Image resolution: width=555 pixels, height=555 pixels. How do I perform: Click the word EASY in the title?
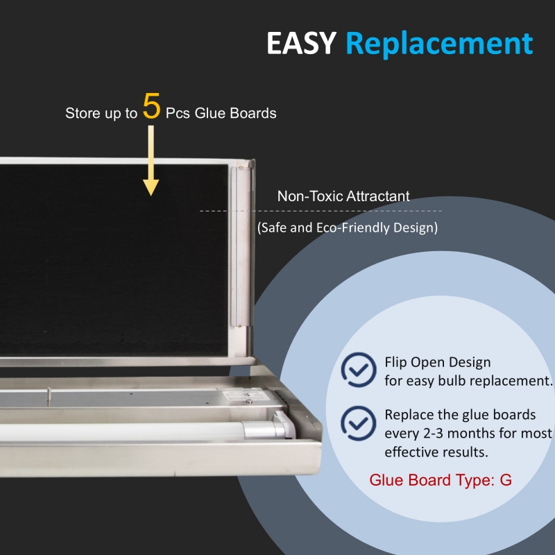click(x=301, y=43)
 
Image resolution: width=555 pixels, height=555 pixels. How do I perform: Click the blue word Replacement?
click(x=439, y=44)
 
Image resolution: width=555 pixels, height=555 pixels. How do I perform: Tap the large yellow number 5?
click(x=151, y=106)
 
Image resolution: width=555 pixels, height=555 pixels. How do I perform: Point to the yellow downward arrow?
click(x=151, y=160)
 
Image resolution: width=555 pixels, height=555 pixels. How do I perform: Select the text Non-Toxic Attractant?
click(x=343, y=196)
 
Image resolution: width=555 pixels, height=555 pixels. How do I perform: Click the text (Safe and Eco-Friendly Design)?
click(x=348, y=228)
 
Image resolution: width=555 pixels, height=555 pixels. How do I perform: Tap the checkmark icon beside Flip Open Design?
click(x=359, y=370)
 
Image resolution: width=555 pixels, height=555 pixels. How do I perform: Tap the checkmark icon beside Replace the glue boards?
click(x=359, y=423)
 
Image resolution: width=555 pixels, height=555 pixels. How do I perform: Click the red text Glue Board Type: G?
click(x=441, y=480)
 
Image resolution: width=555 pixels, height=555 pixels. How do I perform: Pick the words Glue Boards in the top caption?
click(x=235, y=113)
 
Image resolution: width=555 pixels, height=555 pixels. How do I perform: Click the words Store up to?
click(x=101, y=113)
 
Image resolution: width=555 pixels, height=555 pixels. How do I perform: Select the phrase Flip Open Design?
click(x=438, y=362)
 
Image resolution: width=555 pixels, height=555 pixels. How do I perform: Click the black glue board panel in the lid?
click(x=114, y=260)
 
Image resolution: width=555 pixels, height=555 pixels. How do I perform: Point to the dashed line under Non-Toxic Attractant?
click(x=321, y=211)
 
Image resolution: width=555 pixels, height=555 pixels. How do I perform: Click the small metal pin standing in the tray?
click(x=49, y=396)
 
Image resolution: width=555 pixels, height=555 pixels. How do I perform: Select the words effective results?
click(x=436, y=452)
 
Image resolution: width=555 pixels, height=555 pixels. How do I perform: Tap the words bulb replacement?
click(x=495, y=381)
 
